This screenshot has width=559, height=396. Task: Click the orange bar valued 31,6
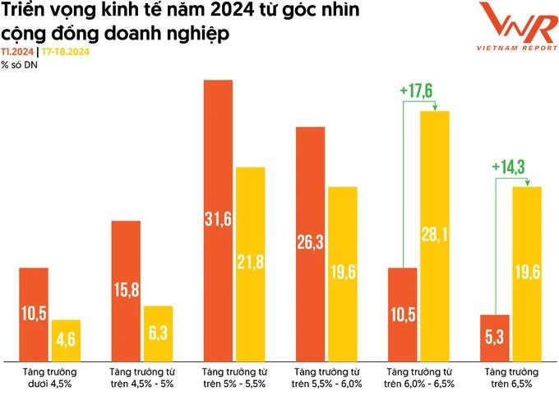[x=218, y=220]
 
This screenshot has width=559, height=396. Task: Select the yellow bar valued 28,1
[x=435, y=235]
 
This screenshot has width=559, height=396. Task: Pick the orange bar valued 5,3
[x=496, y=337]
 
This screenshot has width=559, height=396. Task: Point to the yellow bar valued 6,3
[x=158, y=333]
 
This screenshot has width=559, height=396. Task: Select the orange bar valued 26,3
[x=310, y=243]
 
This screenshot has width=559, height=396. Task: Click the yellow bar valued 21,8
[x=250, y=263]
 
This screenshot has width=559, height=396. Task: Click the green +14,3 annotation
[x=510, y=167]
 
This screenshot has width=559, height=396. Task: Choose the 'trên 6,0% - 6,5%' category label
[x=417, y=383]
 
